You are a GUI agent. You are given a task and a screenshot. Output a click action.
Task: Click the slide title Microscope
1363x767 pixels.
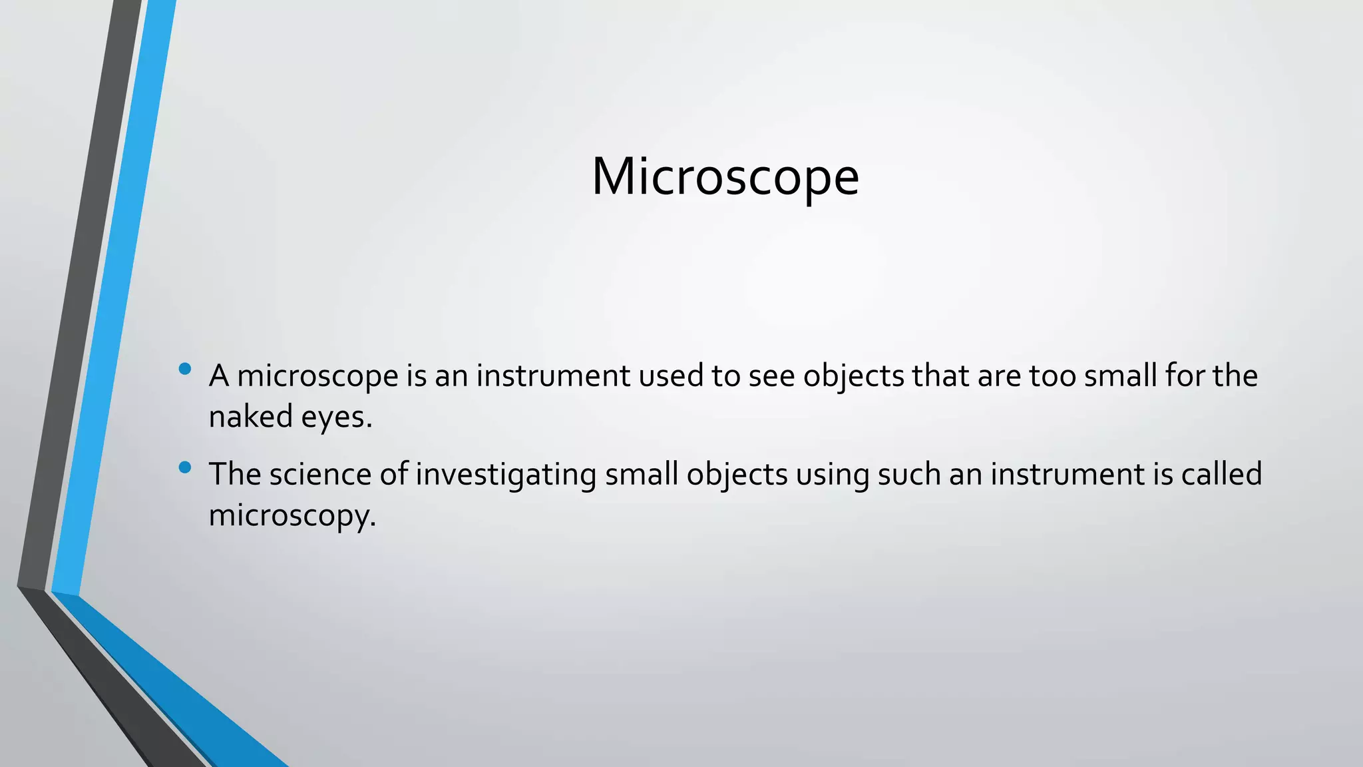tap(725, 177)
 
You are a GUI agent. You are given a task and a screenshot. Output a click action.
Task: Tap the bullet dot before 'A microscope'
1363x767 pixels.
tap(185, 368)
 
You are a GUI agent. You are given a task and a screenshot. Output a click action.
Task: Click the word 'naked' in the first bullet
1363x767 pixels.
tap(251, 417)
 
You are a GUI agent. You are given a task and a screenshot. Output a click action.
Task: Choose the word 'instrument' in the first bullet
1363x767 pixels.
tap(552, 376)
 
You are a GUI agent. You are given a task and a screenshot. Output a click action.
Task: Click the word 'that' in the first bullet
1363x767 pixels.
tap(940, 376)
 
